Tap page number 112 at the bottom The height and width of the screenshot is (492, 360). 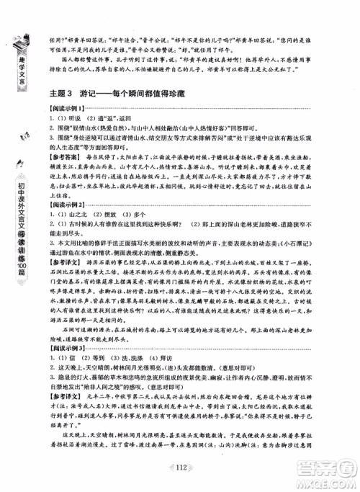pyautogui.click(x=181, y=468)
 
